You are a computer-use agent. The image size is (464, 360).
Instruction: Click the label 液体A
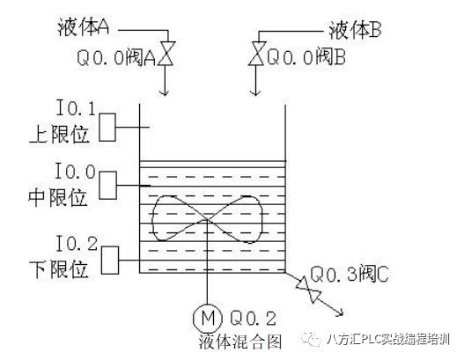(83, 27)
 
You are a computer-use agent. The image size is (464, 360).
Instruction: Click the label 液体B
(355, 30)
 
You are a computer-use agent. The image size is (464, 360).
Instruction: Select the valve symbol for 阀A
(166, 54)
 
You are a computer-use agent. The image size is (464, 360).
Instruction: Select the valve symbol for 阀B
(256, 53)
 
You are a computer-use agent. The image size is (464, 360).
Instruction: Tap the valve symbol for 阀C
(308, 290)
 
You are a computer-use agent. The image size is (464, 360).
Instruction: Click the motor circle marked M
(208, 318)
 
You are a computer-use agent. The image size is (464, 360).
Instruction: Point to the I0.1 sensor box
(107, 128)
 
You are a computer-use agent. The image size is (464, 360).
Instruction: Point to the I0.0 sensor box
(107, 186)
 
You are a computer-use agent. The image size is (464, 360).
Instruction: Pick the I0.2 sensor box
(110, 261)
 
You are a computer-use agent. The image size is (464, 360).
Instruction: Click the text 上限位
(59, 135)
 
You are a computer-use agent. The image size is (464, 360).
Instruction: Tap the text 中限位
(58, 197)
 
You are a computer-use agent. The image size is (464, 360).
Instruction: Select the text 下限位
(59, 269)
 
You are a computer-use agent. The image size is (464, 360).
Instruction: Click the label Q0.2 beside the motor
(254, 318)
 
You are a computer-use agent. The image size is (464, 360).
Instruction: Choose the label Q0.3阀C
(350, 274)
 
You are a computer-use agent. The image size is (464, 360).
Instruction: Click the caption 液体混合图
(240, 342)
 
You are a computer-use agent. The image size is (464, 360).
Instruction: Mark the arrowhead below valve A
(165, 92)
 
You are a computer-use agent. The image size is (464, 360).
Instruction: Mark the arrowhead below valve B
(255, 92)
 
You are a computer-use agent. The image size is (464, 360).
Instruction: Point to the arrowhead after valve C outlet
(339, 312)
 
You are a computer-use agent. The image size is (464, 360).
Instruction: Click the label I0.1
(76, 108)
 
